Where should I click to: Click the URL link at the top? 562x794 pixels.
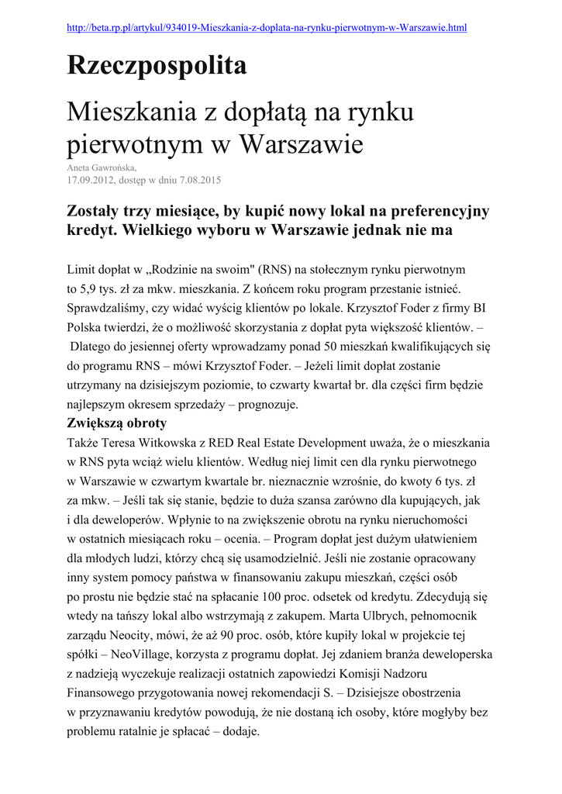point(267,28)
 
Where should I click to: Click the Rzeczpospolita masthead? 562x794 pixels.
point(157,66)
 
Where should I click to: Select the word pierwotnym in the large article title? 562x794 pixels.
point(126,143)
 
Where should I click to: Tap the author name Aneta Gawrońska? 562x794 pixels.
point(102,167)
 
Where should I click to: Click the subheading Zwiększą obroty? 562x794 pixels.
point(117,423)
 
